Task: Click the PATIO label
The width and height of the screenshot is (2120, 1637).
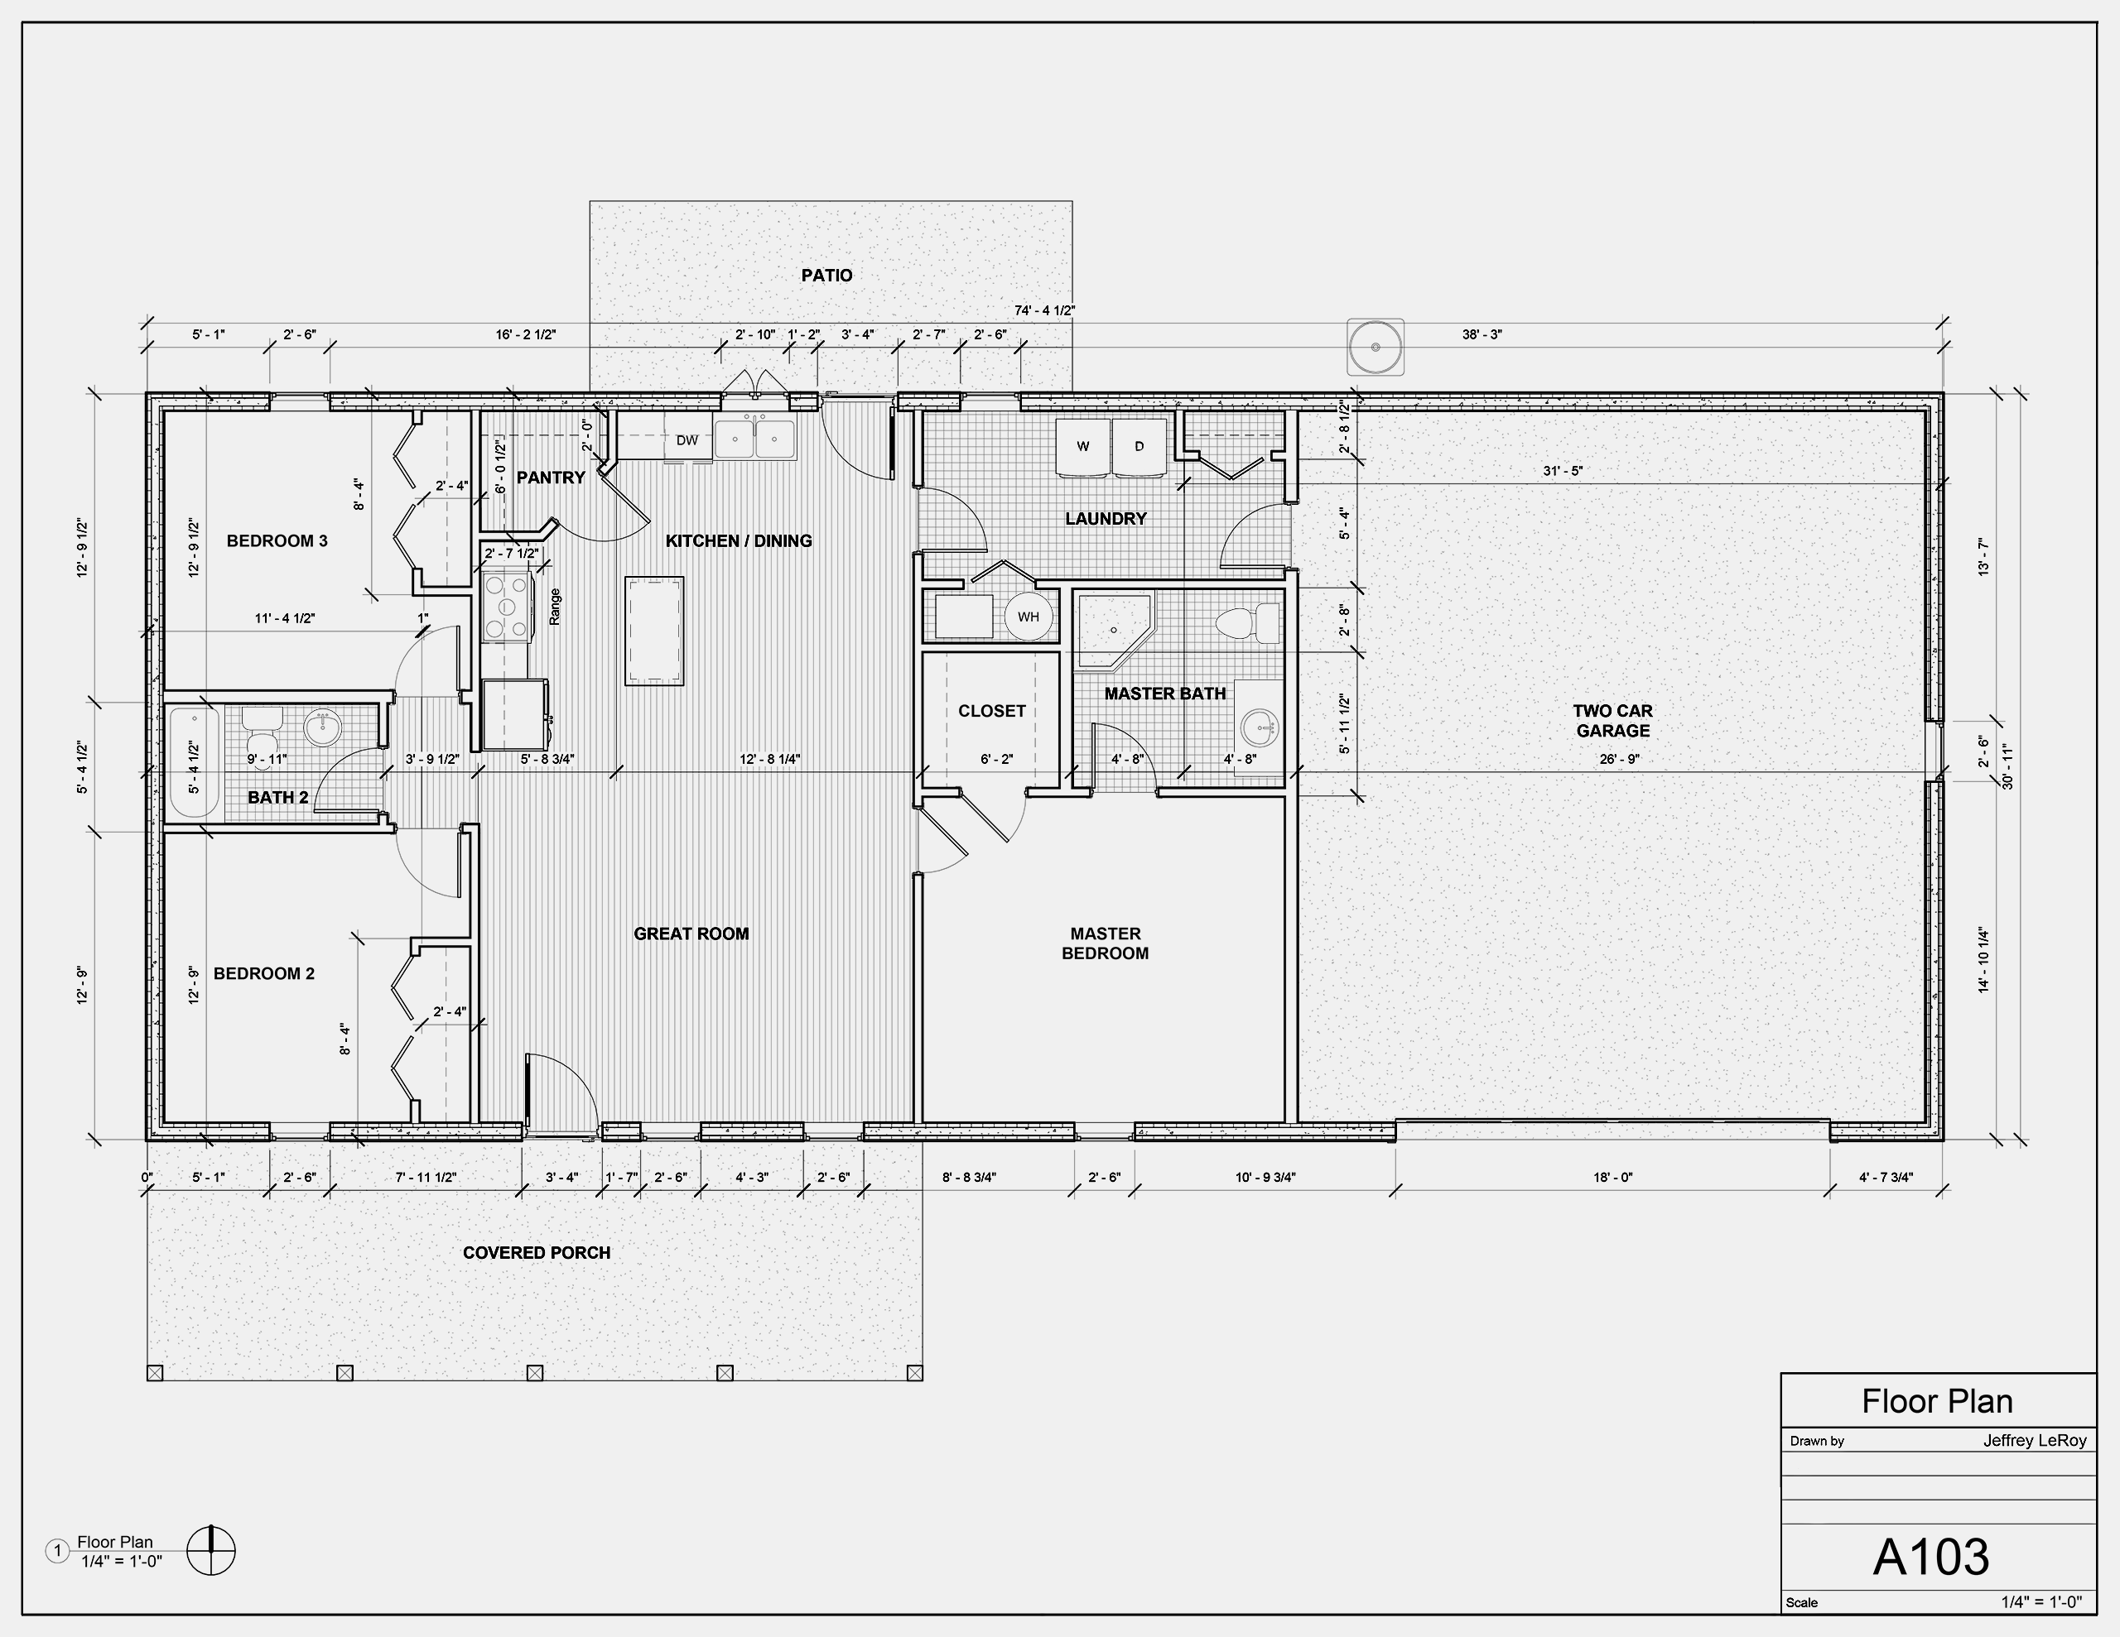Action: (x=827, y=276)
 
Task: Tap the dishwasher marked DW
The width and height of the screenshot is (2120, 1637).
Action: (x=687, y=439)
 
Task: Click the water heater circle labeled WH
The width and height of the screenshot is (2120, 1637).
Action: (x=1029, y=617)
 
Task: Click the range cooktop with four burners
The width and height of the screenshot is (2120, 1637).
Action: (x=507, y=607)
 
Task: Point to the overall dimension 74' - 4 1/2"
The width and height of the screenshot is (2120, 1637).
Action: (x=1044, y=310)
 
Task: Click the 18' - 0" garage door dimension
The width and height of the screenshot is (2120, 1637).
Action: (x=1612, y=1177)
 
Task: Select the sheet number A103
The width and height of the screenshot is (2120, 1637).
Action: (x=1930, y=1557)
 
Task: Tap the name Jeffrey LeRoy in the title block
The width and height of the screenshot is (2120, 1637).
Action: (x=2035, y=1441)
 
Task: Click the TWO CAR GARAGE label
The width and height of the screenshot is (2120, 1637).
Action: (x=1612, y=721)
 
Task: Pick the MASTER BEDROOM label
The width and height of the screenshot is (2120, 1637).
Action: (x=1105, y=943)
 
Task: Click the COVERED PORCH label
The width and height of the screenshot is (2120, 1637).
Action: (x=537, y=1253)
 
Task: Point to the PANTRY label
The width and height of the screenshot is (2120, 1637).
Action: (x=551, y=478)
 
